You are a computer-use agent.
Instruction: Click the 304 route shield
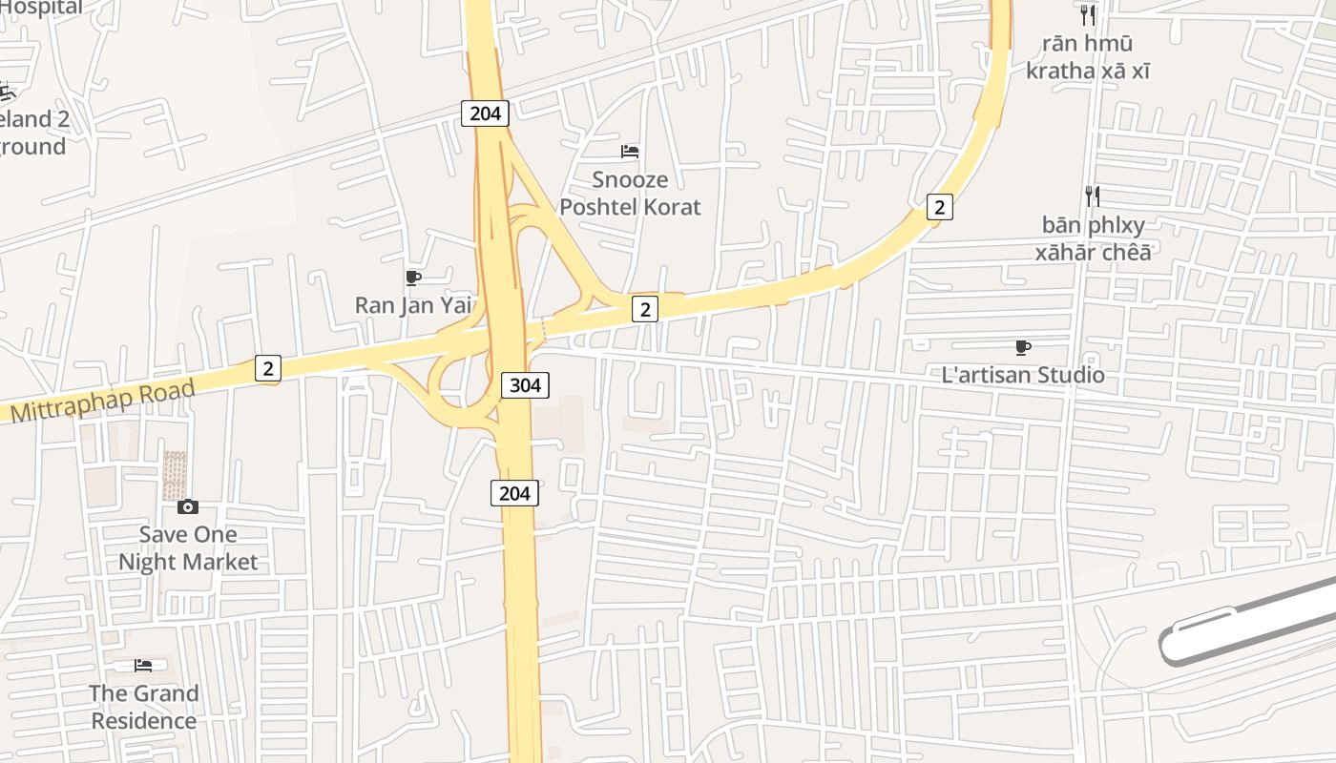(x=525, y=384)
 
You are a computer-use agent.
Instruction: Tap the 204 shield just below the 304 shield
(x=514, y=493)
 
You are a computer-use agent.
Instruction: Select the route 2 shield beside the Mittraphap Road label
(x=268, y=368)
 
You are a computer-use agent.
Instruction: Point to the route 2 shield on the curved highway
(x=940, y=206)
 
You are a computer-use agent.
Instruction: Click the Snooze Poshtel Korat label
(x=630, y=194)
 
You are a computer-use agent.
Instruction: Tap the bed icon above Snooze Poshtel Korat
(x=630, y=151)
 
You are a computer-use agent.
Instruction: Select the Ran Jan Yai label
(x=414, y=305)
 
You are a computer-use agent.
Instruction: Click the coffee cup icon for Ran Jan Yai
(x=413, y=278)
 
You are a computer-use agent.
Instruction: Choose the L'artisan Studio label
(x=1023, y=375)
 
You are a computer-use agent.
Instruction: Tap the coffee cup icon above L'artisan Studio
(x=1023, y=347)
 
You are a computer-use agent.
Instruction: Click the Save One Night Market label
(x=188, y=548)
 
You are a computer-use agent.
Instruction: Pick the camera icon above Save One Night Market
(x=188, y=506)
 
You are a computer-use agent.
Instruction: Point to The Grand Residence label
(x=144, y=707)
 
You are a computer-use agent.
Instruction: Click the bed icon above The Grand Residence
(x=143, y=665)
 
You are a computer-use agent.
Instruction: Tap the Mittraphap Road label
(x=102, y=402)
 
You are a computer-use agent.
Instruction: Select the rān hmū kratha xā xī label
(x=1088, y=57)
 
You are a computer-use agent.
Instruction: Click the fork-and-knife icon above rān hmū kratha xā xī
(x=1087, y=15)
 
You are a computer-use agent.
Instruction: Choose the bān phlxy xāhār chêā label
(x=1094, y=238)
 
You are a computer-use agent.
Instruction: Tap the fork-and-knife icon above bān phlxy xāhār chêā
(x=1093, y=196)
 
